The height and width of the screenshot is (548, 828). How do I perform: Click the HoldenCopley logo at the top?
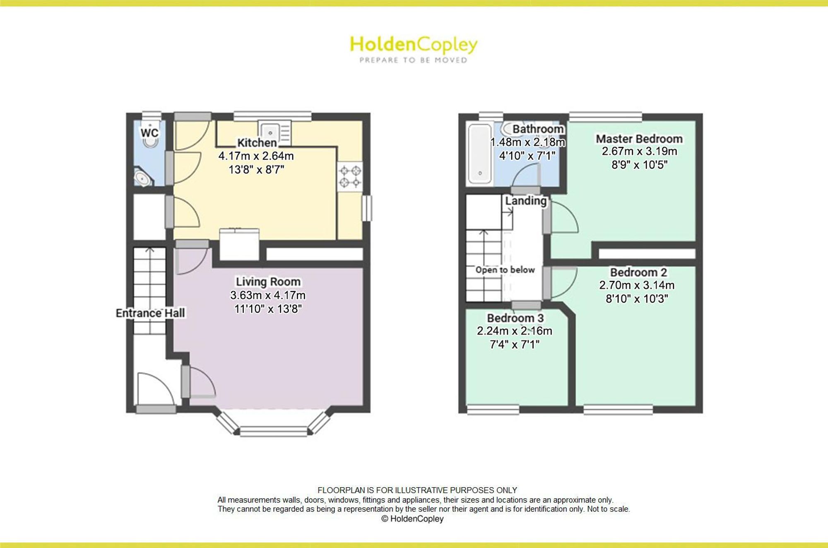pos(414,49)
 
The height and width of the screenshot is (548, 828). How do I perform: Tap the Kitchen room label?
pos(257,142)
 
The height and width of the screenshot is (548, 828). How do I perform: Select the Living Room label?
pos(268,281)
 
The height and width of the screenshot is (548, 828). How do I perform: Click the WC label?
pos(149,133)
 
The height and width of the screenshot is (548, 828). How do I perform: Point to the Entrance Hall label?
pos(150,313)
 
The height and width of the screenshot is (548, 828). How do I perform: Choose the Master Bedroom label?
pos(639,139)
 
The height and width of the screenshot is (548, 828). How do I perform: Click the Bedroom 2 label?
pos(638,272)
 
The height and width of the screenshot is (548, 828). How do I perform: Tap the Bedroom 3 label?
pos(515,318)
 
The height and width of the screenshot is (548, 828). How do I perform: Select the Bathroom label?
pos(538,129)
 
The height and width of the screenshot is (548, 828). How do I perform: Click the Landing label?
pos(526,201)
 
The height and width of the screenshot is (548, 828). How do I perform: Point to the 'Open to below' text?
pos(505,270)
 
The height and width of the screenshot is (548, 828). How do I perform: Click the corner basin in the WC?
pos(143,178)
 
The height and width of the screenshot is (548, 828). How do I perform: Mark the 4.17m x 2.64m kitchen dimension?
pos(256,156)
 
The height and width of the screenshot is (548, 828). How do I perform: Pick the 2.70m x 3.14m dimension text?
pos(637,285)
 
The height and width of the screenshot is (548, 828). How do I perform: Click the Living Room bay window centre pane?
pos(274,432)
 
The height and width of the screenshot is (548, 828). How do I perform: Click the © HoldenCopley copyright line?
pos(412,519)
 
